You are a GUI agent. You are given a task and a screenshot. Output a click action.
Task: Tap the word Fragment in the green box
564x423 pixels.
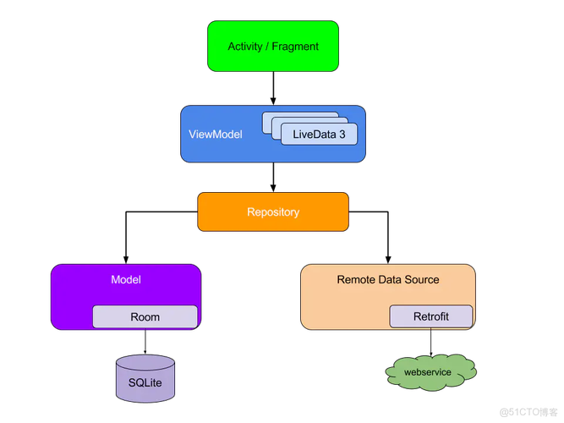[x=295, y=47]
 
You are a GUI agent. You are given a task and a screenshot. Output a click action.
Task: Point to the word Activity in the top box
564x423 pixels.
[x=245, y=47]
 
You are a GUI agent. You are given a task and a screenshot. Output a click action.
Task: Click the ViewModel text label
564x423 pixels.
[x=215, y=134]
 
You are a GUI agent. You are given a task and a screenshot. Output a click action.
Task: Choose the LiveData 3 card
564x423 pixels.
[x=319, y=134]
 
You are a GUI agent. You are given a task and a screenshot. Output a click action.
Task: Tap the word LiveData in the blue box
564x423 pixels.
[x=314, y=134]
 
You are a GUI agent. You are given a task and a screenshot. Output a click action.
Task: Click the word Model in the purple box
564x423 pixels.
[x=126, y=279]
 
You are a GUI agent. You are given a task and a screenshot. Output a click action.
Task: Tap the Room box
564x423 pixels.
[x=145, y=317]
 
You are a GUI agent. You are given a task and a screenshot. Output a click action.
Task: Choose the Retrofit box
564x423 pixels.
[x=431, y=317]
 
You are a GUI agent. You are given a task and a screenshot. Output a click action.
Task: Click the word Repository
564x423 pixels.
[x=273, y=211]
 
